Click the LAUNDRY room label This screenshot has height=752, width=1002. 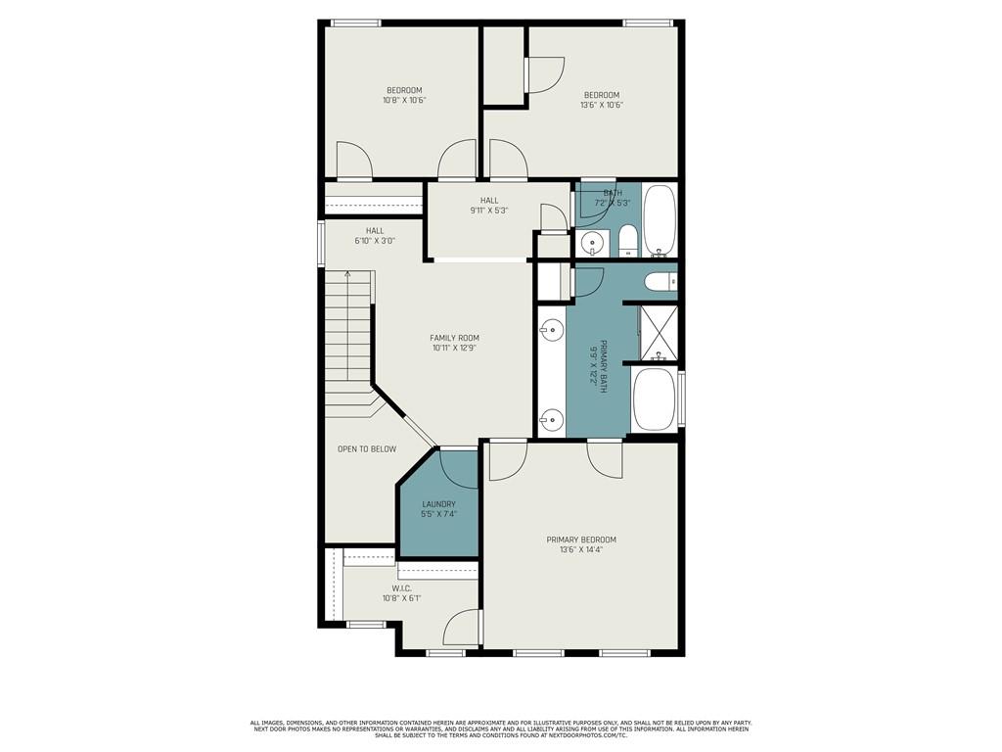point(438,504)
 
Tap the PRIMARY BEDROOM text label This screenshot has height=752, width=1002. point(581,540)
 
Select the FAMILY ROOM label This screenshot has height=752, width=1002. point(455,338)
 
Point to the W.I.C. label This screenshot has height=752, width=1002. point(402,588)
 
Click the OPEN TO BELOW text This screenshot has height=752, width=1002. point(367,449)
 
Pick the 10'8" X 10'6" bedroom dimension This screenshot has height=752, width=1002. point(403,100)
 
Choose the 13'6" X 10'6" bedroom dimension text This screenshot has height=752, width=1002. point(602,105)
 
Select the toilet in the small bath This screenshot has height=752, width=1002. point(627,240)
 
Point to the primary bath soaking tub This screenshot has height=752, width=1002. point(654,399)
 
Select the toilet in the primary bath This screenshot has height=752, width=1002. point(660,283)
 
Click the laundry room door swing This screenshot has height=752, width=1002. point(457,467)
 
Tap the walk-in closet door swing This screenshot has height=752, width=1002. point(464,628)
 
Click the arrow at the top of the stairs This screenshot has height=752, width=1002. point(347,277)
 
